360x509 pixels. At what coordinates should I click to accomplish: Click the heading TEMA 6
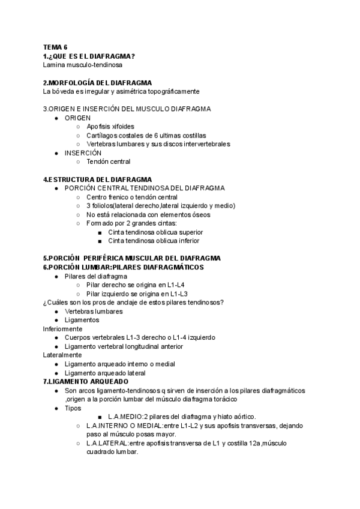pos(55,47)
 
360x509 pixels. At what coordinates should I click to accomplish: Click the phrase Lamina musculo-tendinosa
pos(82,65)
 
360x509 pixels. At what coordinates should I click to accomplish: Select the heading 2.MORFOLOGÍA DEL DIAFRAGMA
pos(97,82)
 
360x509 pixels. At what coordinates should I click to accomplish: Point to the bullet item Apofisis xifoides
pos(110,127)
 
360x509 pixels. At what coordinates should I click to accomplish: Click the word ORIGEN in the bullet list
pos(78,118)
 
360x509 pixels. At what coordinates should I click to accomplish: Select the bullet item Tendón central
pos(108,161)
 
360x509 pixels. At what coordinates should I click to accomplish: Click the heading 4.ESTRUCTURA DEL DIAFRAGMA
pos(97,179)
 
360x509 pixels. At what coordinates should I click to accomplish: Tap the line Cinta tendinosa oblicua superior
pos(155,232)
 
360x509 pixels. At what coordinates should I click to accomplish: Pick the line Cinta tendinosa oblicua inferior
pos(153,241)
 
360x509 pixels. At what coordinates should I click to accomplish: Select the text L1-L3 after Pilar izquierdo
pos(178,294)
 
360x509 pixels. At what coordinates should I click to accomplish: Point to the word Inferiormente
pos(63,329)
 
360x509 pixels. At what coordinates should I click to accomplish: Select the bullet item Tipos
pos(73,408)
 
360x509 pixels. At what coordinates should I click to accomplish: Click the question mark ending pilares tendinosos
pos(222,303)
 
